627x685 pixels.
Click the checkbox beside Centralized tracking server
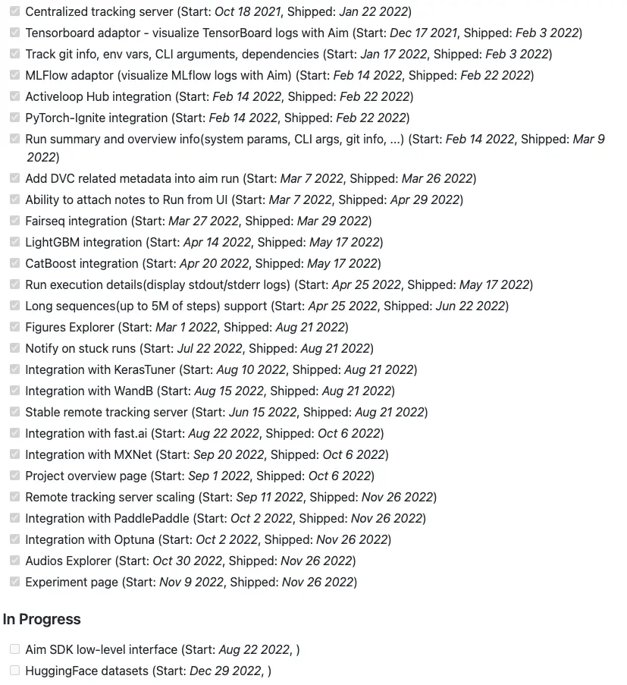click(15, 11)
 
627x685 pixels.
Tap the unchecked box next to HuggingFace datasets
click(15, 670)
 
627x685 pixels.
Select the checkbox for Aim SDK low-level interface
click(15, 649)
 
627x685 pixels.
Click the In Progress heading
click(42, 619)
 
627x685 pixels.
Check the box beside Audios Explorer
click(15, 561)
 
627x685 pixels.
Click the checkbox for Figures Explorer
click(15, 327)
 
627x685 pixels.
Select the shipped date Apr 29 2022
click(425, 200)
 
